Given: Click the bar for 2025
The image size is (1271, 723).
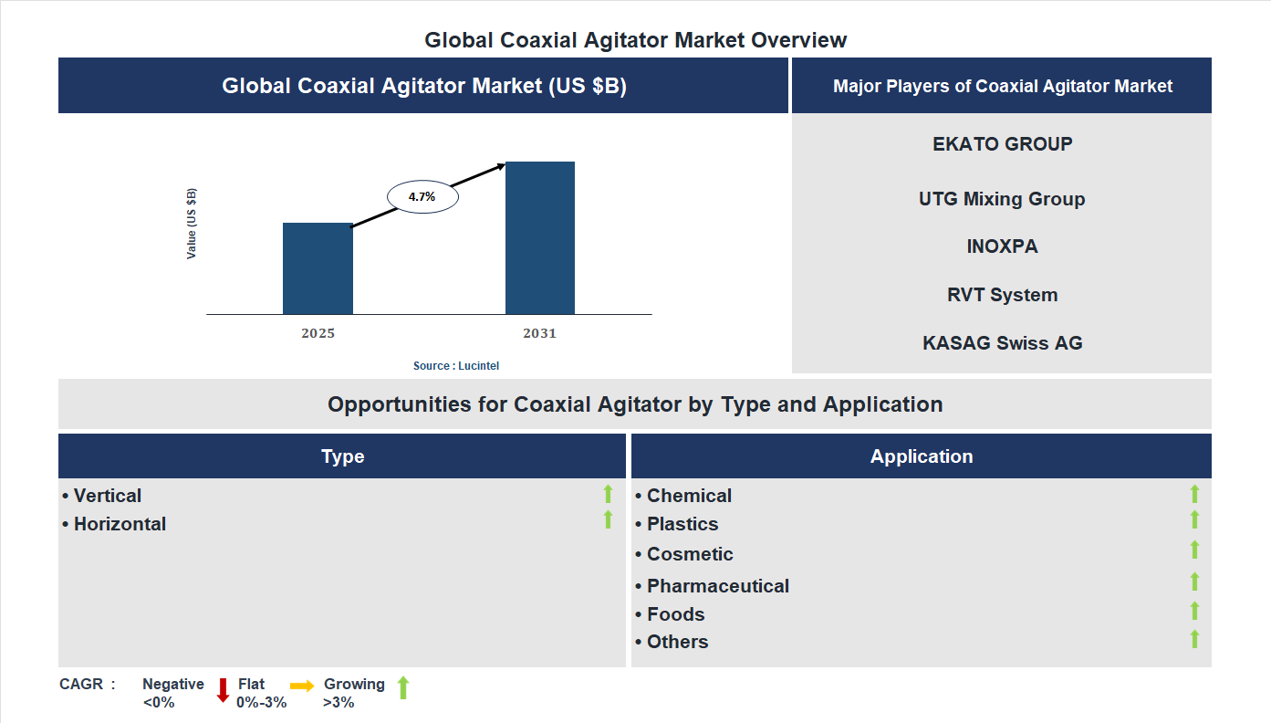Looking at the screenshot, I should (x=318, y=268).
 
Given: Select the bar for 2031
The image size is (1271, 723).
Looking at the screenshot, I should (x=540, y=238).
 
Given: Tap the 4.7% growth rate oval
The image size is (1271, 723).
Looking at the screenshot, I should (x=422, y=196).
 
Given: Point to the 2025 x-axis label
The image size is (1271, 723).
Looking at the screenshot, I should (x=318, y=333).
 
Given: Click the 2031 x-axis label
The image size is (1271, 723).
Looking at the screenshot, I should (x=539, y=333).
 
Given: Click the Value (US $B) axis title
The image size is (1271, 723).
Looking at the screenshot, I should (x=192, y=224).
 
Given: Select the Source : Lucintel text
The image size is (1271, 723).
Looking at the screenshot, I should (x=456, y=365).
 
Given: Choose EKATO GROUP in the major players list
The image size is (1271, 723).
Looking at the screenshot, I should (x=1002, y=144).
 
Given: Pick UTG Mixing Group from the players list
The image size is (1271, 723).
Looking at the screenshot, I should (x=1002, y=199).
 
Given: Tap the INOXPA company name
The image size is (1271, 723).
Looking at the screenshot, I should (x=1002, y=246).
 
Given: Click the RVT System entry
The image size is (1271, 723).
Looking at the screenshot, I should (x=1002, y=295).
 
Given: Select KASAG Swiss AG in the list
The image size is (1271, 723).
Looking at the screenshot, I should (x=1002, y=343).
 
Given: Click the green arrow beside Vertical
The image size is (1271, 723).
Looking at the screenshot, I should (x=608, y=494).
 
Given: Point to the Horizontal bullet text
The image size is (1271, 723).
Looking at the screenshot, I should (x=120, y=524).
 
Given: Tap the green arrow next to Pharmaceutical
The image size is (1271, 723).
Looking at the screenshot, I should (x=1194, y=582).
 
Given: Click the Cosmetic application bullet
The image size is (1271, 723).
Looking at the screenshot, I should (x=689, y=554).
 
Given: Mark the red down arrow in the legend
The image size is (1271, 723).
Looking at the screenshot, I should (x=223, y=690).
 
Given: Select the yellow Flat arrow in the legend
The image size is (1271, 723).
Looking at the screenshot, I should (x=302, y=686).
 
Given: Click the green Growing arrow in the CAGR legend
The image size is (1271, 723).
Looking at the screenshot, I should (x=403, y=688).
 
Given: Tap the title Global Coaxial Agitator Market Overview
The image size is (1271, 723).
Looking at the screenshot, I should (x=635, y=40).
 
